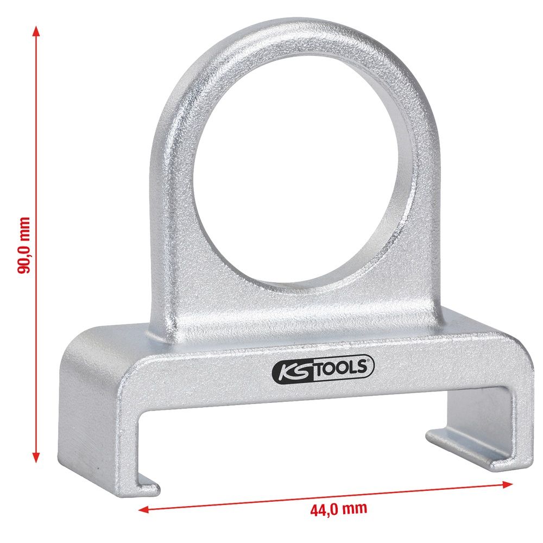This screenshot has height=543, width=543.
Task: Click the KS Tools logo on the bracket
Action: pyautogui.click(x=323, y=369)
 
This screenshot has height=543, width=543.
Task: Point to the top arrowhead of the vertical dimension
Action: pyautogui.click(x=36, y=32)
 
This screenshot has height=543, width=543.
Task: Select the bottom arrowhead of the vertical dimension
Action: pyautogui.click(x=36, y=457)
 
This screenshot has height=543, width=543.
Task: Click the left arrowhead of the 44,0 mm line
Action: pyautogui.click(x=143, y=509)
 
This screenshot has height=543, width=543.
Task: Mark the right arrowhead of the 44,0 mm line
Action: pyautogui.click(x=507, y=484)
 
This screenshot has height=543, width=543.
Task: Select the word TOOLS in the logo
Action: pyautogui.click(x=342, y=368)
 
